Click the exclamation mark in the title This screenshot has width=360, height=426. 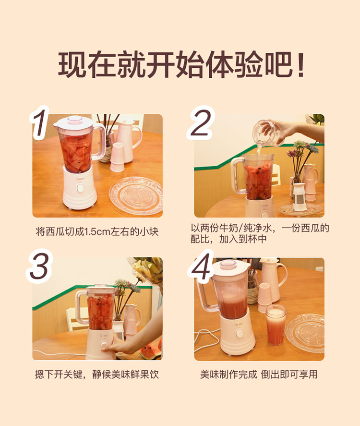tap(300, 65)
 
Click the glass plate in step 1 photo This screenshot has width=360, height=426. tap(136, 195)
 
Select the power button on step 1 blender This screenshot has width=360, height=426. tap(80, 188)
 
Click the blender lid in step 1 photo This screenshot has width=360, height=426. tap(73, 122)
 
